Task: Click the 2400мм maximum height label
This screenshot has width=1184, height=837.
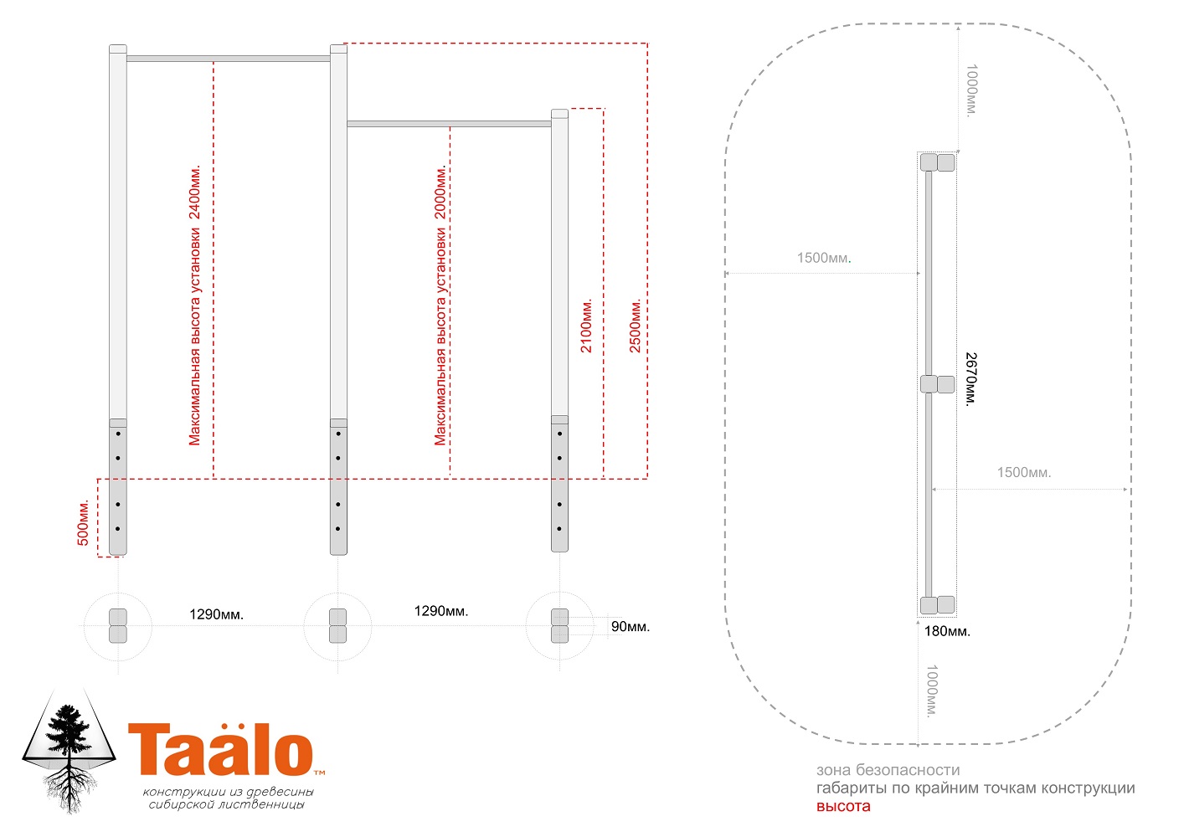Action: click(x=194, y=306)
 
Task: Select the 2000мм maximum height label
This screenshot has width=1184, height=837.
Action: click(x=440, y=306)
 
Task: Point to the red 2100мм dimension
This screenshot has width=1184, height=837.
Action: click(x=586, y=326)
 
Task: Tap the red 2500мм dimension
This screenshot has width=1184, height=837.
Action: click(x=635, y=326)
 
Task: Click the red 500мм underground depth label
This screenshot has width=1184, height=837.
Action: click(x=83, y=521)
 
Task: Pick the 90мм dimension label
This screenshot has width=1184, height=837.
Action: click(x=630, y=627)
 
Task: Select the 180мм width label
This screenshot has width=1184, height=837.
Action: click(x=947, y=631)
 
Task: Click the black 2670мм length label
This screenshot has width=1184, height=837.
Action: click(x=971, y=379)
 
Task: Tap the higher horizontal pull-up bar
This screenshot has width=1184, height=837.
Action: click(x=229, y=59)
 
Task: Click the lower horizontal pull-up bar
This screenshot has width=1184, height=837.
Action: click(x=450, y=124)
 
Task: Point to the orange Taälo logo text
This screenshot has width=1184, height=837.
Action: click(x=222, y=749)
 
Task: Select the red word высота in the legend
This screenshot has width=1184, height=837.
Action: click(x=843, y=807)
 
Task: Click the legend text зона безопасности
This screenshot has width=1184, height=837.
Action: click(x=888, y=770)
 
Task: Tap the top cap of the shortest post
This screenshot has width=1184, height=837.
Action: click(x=559, y=114)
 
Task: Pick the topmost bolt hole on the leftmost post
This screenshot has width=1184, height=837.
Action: click(x=118, y=434)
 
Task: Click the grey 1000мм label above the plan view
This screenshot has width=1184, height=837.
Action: click(x=971, y=90)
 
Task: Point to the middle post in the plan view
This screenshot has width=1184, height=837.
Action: click(x=937, y=385)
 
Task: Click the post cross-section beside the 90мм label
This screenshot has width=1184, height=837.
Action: click(x=559, y=625)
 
